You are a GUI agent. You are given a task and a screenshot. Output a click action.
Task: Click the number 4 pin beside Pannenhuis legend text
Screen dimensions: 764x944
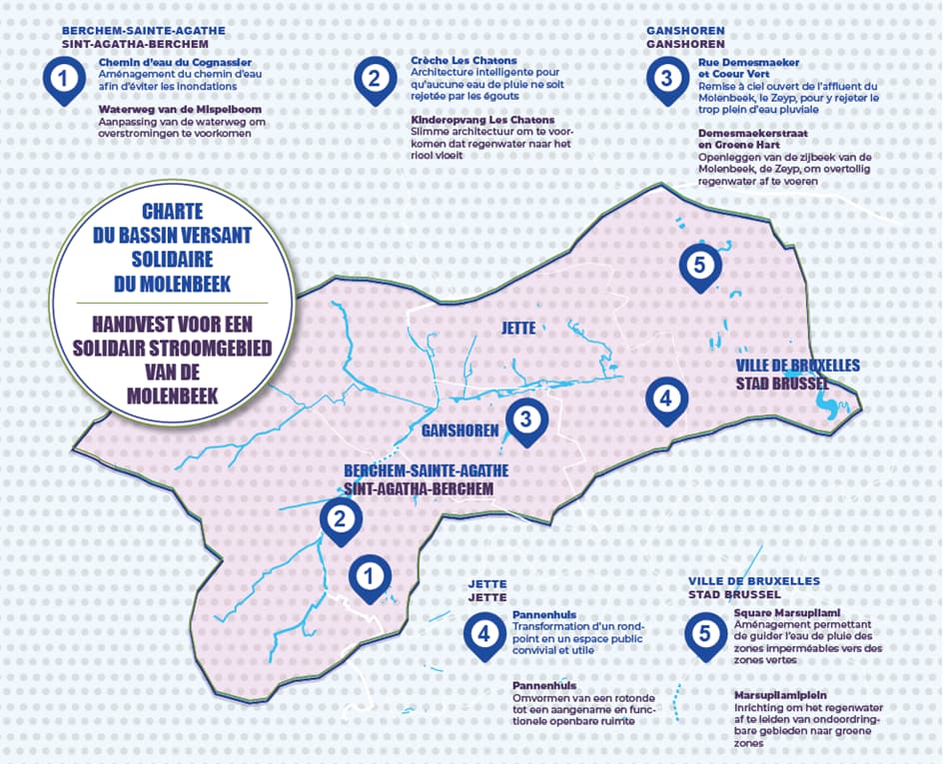click(x=484, y=634)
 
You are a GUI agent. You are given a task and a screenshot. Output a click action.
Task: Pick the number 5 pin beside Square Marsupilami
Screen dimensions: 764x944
click(x=705, y=634)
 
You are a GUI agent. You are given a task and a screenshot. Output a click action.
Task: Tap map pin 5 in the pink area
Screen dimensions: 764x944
click(x=699, y=266)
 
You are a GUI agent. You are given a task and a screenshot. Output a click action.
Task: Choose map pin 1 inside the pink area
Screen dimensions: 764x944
click(x=370, y=576)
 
